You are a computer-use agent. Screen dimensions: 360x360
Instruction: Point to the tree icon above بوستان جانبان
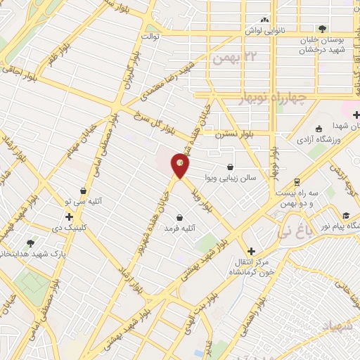coord(322,29)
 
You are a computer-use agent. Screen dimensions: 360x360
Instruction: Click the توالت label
coord(150,35)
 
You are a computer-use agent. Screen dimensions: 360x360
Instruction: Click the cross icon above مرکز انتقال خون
coord(251,251)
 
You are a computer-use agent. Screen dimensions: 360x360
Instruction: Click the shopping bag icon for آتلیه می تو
coord(83,191)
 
